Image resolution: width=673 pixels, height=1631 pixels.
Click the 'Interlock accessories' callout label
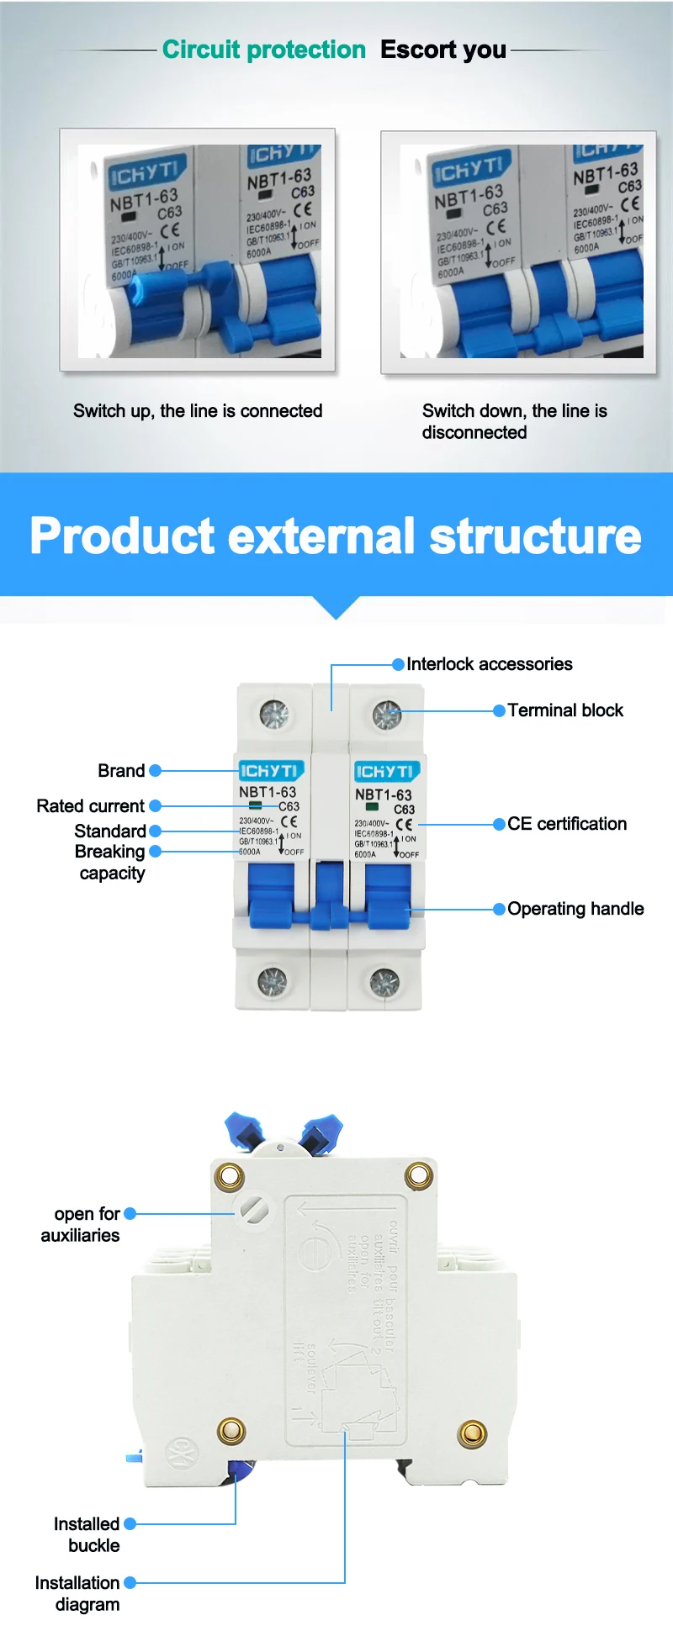(489, 664)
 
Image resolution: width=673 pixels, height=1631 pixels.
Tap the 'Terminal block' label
(565, 710)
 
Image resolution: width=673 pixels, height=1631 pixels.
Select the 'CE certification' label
(567, 824)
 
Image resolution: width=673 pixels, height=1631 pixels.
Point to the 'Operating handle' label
(575, 909)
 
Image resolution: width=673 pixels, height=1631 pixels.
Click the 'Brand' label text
(121, 771)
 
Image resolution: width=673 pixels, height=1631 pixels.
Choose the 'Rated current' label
(90, 806)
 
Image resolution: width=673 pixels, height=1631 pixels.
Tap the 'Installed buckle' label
(87, 1534)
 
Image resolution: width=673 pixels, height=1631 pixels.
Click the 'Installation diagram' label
(77, 1593)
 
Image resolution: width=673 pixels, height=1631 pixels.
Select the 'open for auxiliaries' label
(81, 1224)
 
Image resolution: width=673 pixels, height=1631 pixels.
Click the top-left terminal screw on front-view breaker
(274, 715)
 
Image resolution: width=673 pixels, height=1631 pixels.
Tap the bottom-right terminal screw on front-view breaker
(384, 981)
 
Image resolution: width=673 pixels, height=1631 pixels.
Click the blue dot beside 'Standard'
(155, 831)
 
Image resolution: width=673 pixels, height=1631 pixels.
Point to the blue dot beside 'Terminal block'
(499, 710)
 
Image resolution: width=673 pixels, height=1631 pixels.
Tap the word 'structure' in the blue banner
(535, 536)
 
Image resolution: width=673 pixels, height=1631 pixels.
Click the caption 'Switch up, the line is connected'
(198, 411)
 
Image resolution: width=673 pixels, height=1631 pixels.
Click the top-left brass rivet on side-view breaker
(229, 1176)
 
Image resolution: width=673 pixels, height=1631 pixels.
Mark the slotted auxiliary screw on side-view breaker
(253, 1210)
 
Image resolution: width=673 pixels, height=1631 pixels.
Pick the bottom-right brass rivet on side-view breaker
(472, 1432)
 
